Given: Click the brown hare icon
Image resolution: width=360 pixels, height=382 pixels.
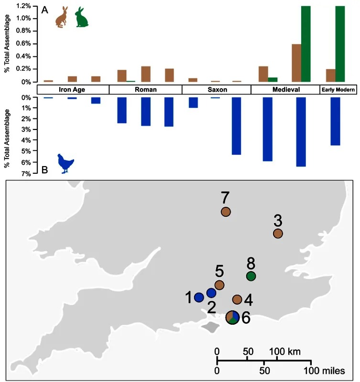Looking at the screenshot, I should (62, 17).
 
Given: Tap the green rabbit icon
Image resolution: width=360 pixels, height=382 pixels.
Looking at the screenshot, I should (82, 17).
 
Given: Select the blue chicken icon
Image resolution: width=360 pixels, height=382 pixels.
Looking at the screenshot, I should (66, 163).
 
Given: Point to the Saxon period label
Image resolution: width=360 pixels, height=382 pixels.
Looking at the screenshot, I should (217, 90).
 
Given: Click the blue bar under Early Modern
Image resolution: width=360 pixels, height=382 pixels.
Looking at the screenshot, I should (335, 121).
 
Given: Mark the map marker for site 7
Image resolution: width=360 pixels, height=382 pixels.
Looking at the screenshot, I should (226, 212).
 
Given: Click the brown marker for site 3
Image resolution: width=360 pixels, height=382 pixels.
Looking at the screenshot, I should (278, 233).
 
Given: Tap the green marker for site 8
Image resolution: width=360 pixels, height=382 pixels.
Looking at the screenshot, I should (251, 276).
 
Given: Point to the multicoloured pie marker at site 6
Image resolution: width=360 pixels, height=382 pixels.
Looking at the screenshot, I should (232, 317).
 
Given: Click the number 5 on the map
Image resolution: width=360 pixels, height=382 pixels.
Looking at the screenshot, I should (219, 272).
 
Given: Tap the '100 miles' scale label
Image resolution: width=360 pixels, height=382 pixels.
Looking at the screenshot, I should (327, 370).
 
